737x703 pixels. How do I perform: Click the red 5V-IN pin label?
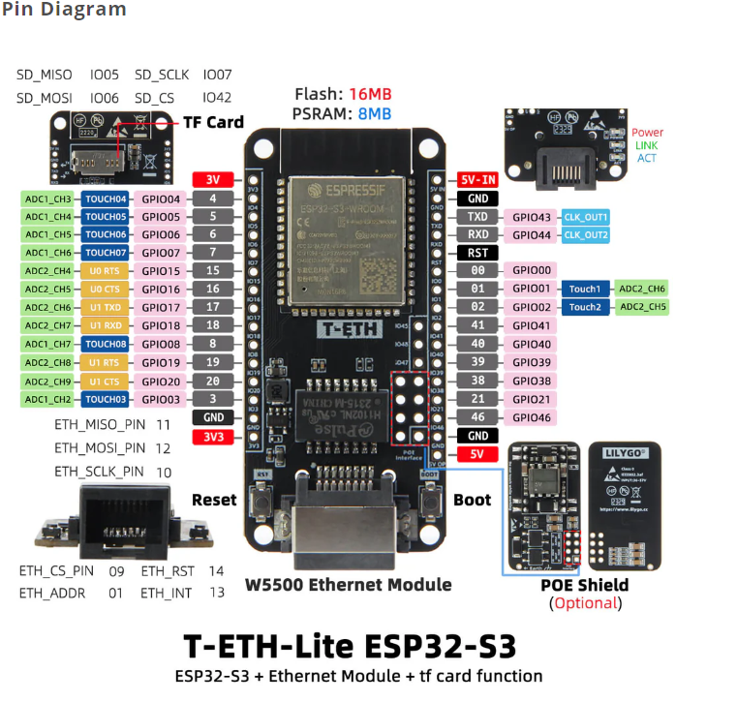click(477, 179)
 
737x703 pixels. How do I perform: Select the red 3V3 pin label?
click(212, 436)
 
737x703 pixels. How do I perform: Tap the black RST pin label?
click(477, 253)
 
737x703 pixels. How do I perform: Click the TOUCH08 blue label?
click(105, 344)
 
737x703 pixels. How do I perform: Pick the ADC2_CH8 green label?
click(48, 362)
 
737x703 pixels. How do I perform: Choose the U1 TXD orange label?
click(105, 307)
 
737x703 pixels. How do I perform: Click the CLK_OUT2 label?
click(586, 234)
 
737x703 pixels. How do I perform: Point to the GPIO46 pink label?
click(531, 417)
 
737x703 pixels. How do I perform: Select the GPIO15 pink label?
click(161, 271)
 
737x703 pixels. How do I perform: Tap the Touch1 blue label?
click(584, 289)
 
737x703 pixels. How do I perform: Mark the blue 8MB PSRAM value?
click(374, 113)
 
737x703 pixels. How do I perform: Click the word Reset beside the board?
click(213, 500)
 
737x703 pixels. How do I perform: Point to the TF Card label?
click(213, 123)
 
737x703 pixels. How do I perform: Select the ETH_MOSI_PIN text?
click(100, 448)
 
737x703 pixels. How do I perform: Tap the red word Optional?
click(585, 602)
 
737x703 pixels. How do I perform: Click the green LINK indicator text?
click(646, 145)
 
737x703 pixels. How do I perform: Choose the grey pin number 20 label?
click(212, 381)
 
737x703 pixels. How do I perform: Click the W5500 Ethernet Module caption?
click(348, 584)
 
